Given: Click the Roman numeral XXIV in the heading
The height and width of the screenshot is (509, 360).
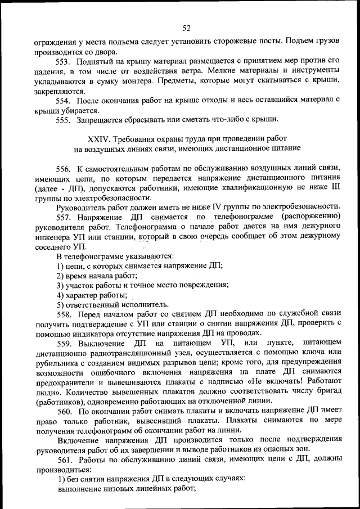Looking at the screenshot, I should pos(100,138).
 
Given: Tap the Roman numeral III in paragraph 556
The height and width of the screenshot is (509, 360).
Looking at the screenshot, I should pos(336,188).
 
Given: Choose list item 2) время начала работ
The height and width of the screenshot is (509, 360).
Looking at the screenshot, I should pos(97,275).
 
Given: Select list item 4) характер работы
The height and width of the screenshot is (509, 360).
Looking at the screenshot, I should pos(92,295).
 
